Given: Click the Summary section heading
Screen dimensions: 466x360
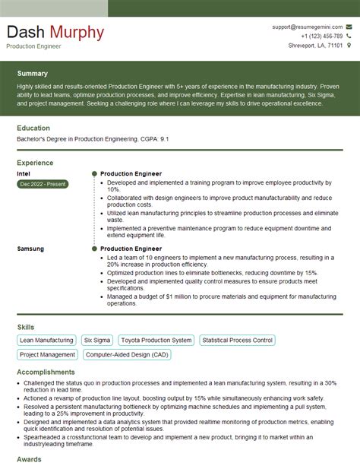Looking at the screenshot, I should coord(32,74).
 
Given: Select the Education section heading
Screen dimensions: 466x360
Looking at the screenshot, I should coord(33,128).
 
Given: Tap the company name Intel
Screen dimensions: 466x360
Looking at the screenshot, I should coord(24,173).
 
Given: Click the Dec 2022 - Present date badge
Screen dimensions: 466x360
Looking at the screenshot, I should coord(42,184).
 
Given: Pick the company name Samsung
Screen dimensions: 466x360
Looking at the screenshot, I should coord(30,249).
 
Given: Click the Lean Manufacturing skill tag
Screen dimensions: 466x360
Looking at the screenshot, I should coord(46,341).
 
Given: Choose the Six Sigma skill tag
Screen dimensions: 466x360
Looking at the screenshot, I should coord(97,341).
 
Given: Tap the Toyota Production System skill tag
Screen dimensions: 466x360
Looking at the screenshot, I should coord(156,341).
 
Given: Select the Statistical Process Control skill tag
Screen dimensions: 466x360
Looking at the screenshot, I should coord(236,341).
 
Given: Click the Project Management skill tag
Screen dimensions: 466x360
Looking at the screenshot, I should coord(46,354).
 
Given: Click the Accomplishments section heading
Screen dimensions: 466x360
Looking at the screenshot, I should coord(47,372).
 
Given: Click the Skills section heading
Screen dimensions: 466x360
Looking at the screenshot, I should coord(25,327).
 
